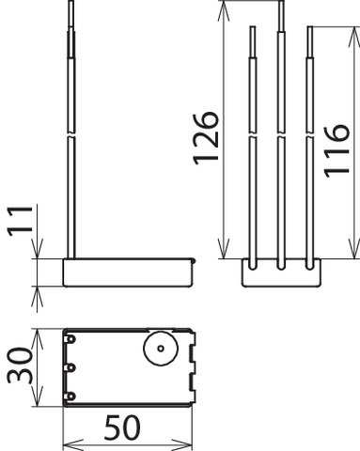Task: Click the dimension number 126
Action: (206, 138)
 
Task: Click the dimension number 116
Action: (337, 151)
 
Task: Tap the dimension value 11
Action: (20, 221)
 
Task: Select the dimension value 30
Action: (20, 365)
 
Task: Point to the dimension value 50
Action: (122, 428)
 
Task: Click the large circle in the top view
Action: (161, 349)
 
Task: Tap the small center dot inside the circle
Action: (161, 349)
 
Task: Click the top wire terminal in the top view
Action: (70, 339)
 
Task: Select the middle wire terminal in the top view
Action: (70, 367)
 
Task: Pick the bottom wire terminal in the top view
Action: (70, 397)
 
